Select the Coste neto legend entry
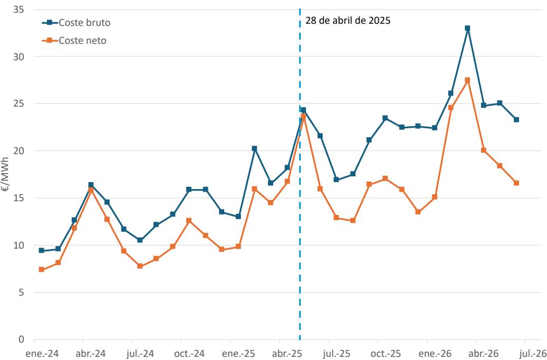(74, 41)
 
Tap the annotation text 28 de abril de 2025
(348, 21)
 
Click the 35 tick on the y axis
(18, 10)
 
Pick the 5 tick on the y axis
(21, 292)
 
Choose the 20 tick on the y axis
(18, 151)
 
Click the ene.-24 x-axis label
(42, 354)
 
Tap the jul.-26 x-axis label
(532, 354)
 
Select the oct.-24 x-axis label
(189, 354)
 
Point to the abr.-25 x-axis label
(287, 354)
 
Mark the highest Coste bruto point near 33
(467, 28)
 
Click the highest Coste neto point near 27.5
(467, 80)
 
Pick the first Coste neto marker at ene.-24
(42, 270)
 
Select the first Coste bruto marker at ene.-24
(42, 250)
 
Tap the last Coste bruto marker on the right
(516, 120)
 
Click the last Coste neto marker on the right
(516, 183)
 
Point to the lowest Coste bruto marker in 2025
(238, 216)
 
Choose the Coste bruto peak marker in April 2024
(91, 185)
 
